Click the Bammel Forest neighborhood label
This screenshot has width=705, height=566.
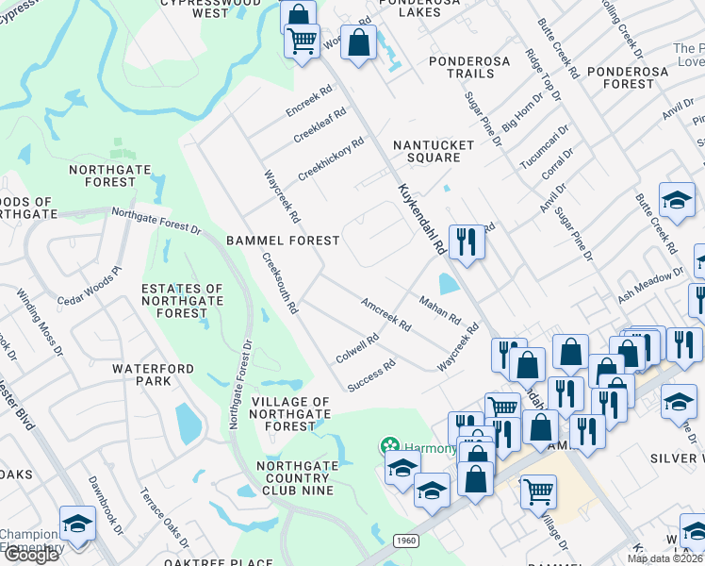[x=283, y=241]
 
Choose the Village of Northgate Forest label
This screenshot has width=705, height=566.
[x=290, y=414]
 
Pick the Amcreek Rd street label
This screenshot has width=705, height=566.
[x=386, y=313]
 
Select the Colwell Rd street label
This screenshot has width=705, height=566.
[x=357, y=348]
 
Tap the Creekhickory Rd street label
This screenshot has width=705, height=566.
[x=331, y=160]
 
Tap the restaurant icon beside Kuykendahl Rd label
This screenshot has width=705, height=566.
[x=467, y=242]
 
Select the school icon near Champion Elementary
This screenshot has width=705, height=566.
[x=76, y=524]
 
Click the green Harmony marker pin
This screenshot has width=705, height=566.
[x=387, y=445]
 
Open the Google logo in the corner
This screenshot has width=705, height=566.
[x=30, y=555]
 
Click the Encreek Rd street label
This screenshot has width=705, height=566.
[x=310, y=104]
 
